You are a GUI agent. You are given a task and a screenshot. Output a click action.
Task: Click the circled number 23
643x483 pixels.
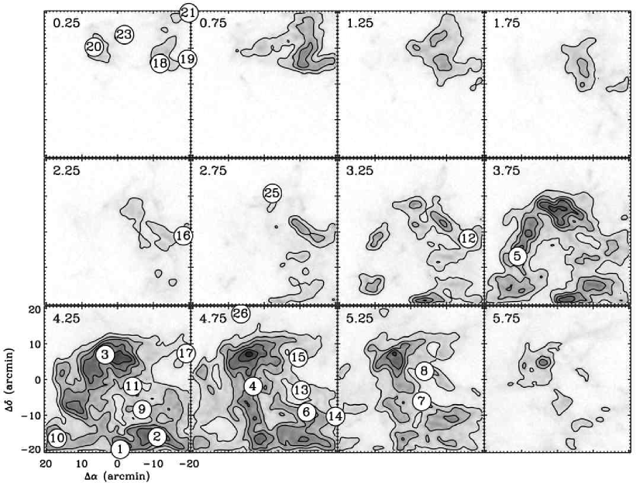[x=124, y=35]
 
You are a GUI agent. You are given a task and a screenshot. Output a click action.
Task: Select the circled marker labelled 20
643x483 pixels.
[x=94, y=47]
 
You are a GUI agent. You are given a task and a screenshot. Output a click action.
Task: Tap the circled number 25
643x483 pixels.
[x=272, y=193]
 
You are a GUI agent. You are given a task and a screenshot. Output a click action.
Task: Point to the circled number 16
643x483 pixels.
[x=183, y=235]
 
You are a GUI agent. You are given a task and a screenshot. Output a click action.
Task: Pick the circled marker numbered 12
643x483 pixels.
[x=468, y=238]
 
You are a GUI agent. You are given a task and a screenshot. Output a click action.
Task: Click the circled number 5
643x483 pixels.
[x=517, y=256]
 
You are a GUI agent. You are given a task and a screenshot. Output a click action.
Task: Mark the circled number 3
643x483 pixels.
[x=105, y=355]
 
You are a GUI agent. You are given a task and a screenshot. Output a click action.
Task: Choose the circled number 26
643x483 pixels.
[x=241, y=313]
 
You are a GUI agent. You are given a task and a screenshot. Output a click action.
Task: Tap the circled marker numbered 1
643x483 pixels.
[x=120, y=449]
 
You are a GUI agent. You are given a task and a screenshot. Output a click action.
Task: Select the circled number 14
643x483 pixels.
[x=335, y=416]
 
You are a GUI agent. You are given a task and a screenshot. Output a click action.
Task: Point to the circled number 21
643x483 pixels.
[x=188, y=13]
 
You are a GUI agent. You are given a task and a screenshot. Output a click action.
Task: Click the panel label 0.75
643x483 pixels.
[x=213, y=23]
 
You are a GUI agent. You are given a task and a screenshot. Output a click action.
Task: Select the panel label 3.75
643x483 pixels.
[x=507, y=170]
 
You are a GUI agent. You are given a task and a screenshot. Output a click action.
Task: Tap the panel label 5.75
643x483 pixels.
[x=507, y=318]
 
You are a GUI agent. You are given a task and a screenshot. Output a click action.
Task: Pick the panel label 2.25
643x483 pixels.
[x=67, y=170]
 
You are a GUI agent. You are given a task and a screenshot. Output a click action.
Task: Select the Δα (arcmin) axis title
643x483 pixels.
[x=117, y=476]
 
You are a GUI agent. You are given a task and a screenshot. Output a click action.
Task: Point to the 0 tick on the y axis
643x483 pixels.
[x=37, y=380]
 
